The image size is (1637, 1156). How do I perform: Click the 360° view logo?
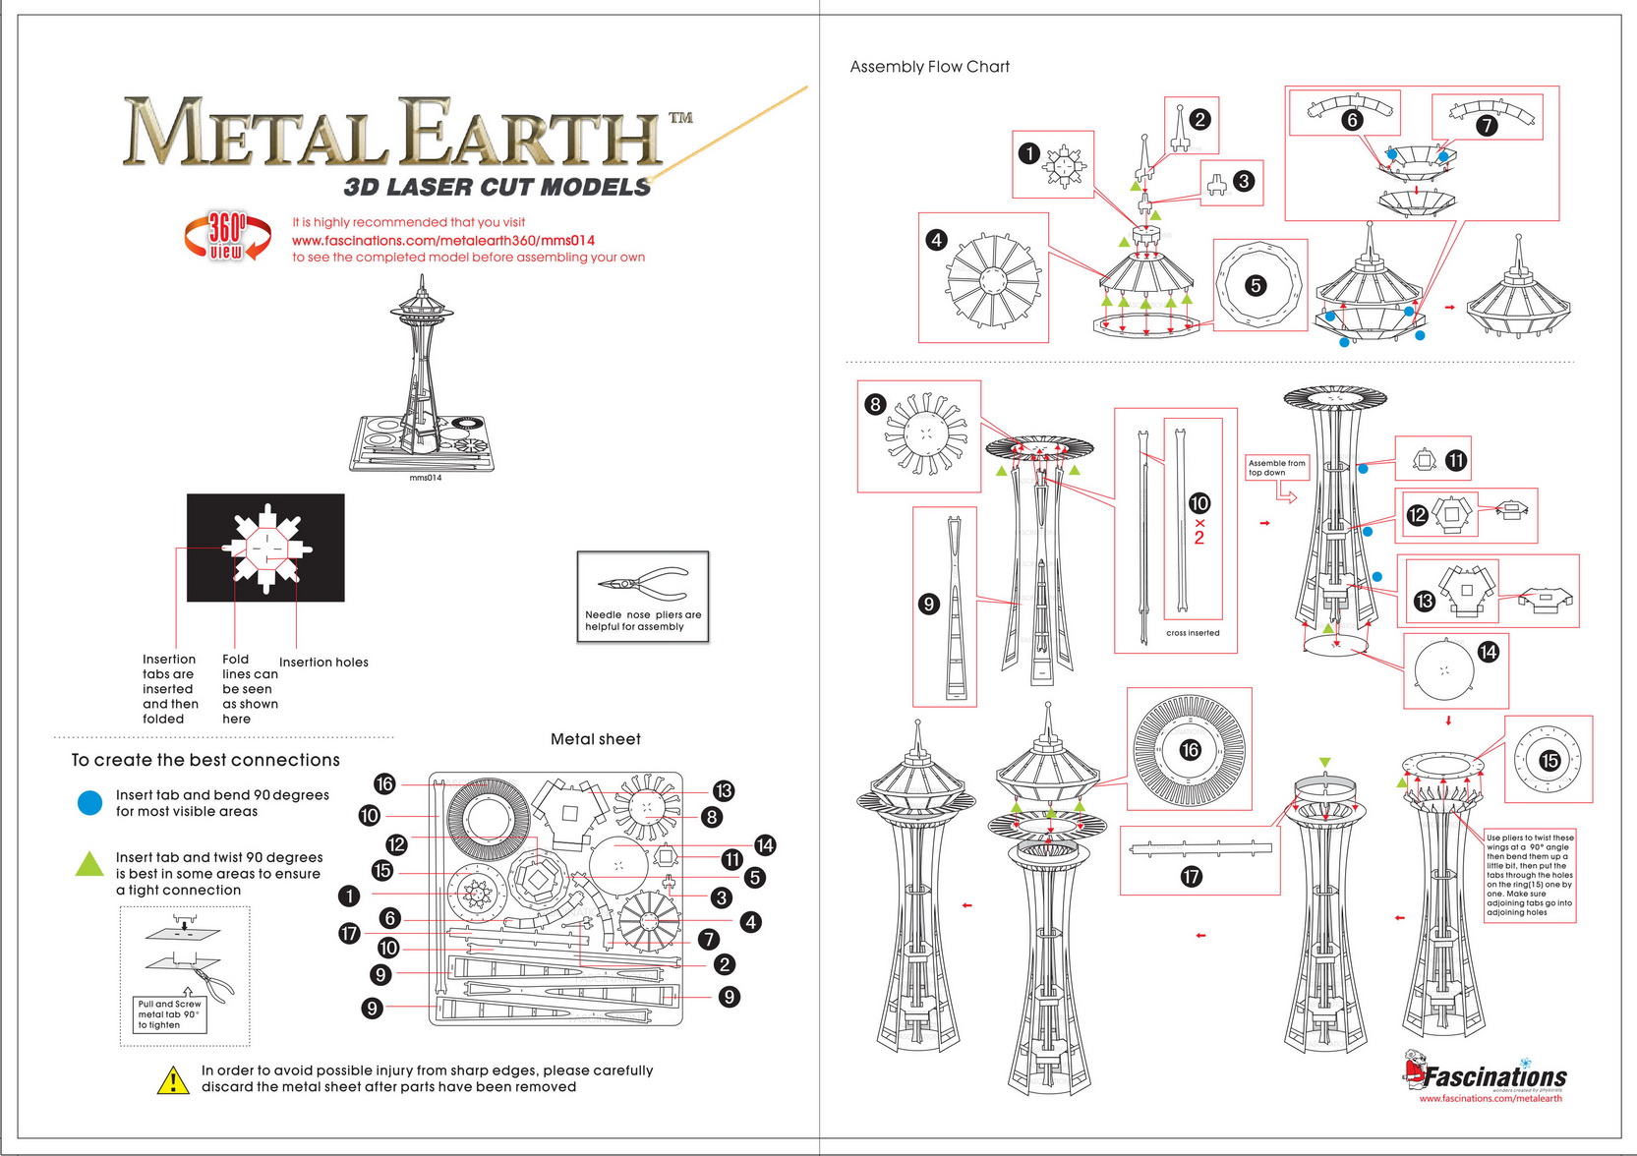coord(227,237)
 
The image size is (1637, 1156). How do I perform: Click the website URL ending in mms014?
coord(443,240)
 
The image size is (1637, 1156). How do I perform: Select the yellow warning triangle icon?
coord(173,1080)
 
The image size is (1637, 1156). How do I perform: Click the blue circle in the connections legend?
coord(89,803)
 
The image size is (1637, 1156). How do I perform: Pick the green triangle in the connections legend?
coord(89,865)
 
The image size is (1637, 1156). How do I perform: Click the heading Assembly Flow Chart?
coord(929,67)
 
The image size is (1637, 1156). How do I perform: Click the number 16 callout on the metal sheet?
coord(384,783)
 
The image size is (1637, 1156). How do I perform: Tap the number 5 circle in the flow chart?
coord(1256,286)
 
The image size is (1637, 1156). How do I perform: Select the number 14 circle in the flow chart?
coord(1488,652)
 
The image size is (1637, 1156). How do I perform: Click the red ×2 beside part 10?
coord(1199,531)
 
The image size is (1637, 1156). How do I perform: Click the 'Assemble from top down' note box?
coord(1277,468)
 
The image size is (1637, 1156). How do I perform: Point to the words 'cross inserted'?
coord(1193,633)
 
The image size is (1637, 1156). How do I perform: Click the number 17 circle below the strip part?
coord(1191,876)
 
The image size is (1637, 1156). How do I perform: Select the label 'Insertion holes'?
coord(323,663)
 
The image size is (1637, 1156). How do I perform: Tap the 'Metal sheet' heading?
coord(595,739)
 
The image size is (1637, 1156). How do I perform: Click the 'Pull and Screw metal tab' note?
coord(169,1014)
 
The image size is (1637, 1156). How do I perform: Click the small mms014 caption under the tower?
coord(426,478)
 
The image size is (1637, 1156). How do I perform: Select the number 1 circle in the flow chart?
coord(1028,153)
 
